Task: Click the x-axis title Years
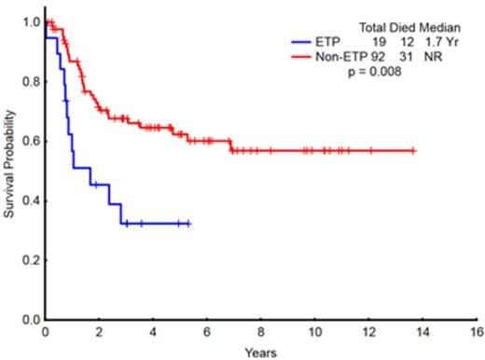click(x=260, y=352)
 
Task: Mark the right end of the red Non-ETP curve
click(x=413, y=150)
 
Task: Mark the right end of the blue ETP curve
click(x=189, y=224)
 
